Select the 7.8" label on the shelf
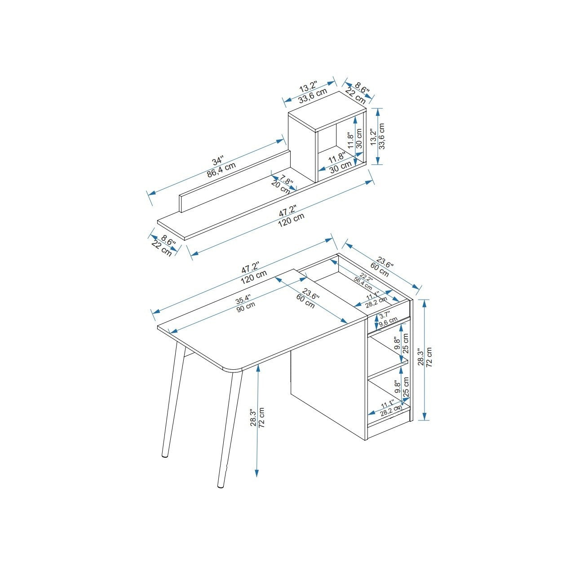(286, 180)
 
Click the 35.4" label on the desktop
(243, 300)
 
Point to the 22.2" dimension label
(366, 276)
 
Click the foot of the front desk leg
(220, 487)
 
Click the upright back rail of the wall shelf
(235, 181)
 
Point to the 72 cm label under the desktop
(261, 418)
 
